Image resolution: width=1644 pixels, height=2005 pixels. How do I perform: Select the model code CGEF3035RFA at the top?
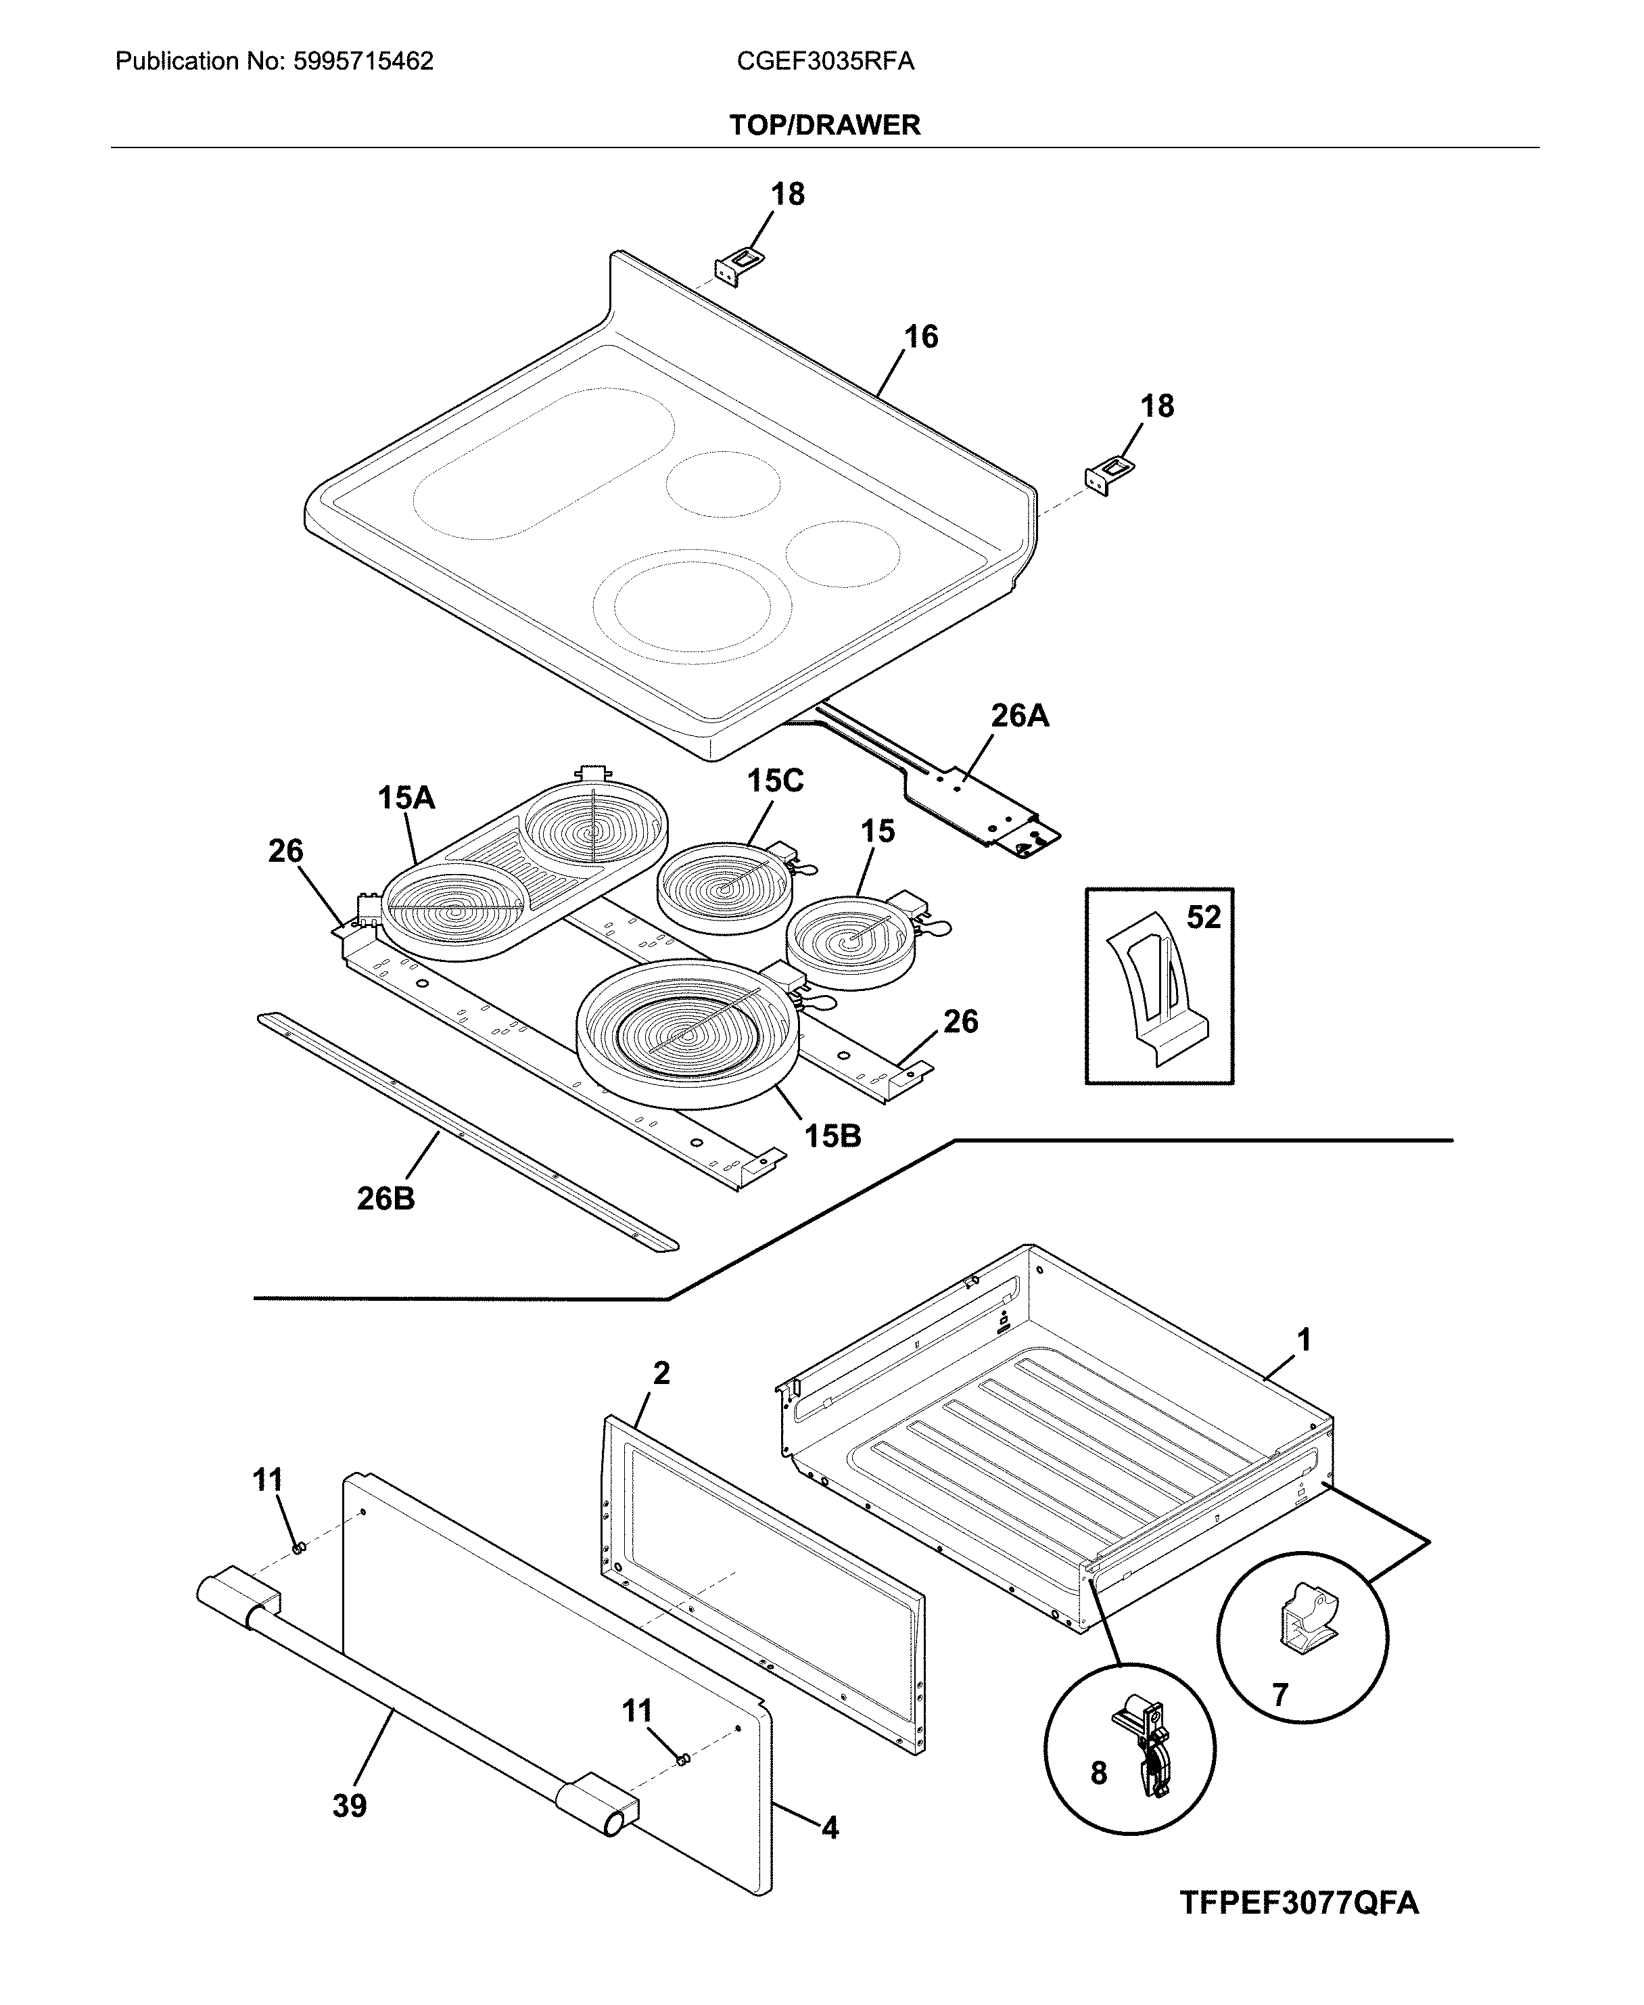tap(825, 62)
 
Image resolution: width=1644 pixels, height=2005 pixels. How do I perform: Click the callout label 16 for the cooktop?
tap(920, 337)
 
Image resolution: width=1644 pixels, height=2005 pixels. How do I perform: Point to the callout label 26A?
tap(1019, 716)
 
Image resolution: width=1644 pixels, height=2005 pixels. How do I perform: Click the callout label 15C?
tap(774, 781)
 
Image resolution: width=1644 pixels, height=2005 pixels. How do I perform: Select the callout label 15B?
tap(832, 1136)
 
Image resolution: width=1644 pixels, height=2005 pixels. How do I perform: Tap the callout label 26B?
tap(385, 1199)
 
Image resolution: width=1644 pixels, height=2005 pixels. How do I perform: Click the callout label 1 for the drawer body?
tap(1303, 1340)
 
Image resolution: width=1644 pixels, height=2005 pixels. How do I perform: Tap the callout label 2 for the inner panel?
tap(661, 1373)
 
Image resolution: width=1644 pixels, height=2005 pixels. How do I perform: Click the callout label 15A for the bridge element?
tap(406, 798)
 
